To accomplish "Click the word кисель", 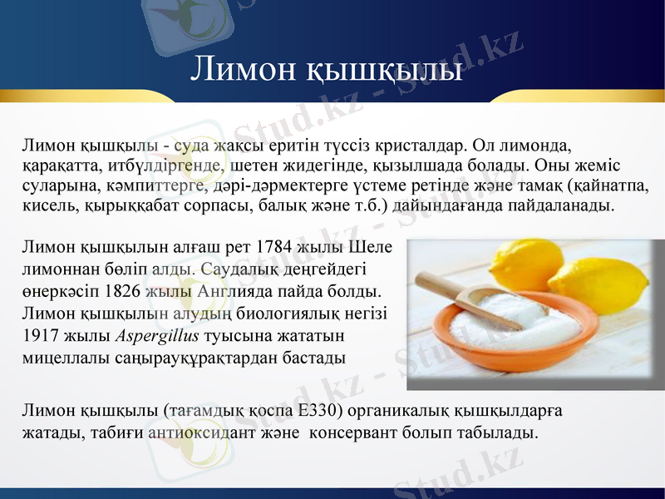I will click(x=47, y=204).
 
